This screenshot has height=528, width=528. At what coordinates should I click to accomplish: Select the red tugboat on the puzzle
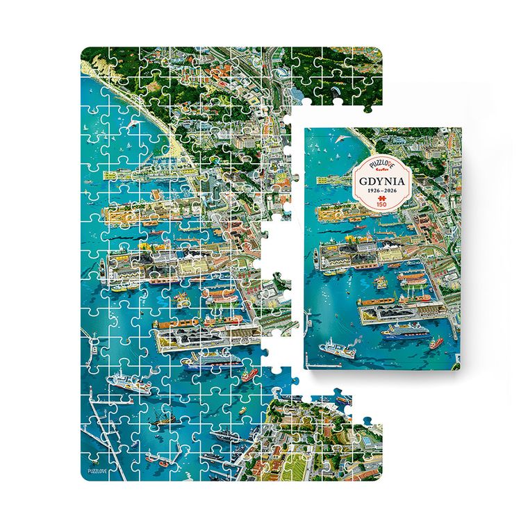(247, 376)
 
